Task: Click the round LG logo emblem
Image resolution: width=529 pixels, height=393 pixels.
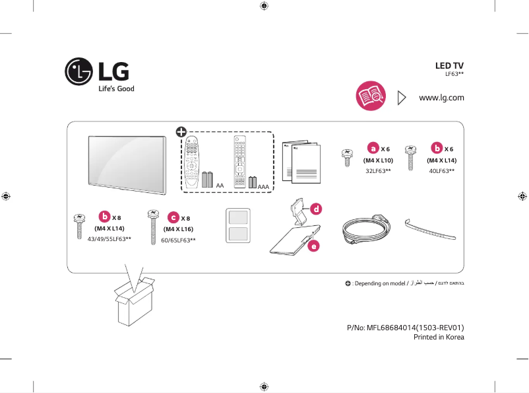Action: click(78, 71)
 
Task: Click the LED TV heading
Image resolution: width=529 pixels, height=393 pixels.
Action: click(450, 66)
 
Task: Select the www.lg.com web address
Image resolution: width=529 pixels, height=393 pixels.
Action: click(442, 98)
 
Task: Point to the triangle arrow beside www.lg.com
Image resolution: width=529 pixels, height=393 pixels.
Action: click(402, 98)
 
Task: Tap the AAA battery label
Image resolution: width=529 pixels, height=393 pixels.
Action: click(264, 188)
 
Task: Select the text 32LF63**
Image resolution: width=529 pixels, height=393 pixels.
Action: click(378, 171)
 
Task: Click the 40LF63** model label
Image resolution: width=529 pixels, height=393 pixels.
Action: click(441, 171)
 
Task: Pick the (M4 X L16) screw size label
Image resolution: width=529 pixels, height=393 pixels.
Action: click(178, 229)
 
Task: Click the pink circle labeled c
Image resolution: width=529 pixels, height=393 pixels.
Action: click(172, 217)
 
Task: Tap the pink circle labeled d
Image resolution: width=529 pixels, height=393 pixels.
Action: click(316, 209)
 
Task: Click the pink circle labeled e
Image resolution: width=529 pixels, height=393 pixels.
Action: click(314, 246)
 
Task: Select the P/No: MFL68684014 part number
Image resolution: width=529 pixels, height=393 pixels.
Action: click(406, 327)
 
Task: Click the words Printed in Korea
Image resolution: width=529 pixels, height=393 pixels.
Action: click(439, 337)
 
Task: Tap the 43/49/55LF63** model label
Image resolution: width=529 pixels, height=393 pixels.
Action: click(109, 238)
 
